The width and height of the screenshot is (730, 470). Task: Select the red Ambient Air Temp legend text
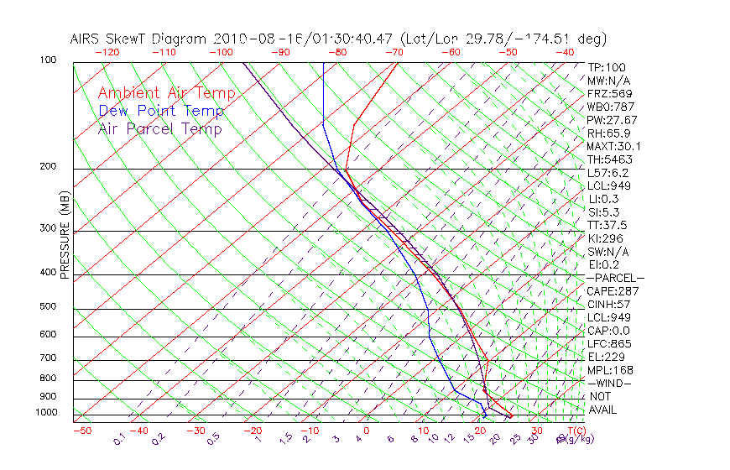click(166, 93)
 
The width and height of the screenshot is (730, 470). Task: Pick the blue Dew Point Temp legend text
click(161, 111)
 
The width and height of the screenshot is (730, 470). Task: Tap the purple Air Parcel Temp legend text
click(160, 128)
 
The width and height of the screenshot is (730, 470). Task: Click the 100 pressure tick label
click(48, 60)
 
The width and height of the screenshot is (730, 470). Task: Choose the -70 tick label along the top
click(393, 52)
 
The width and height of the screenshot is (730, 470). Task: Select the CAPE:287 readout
click(613, 291)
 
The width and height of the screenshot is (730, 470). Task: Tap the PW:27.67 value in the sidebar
click(612, 120)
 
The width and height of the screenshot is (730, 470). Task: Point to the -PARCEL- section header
click(615, 278)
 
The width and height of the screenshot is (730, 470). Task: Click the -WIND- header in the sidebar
click(610, 383)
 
